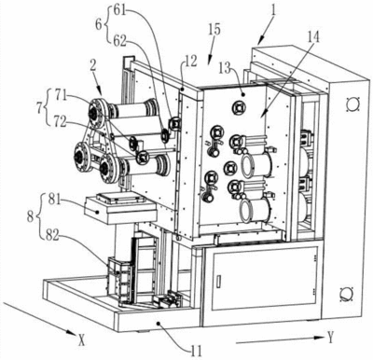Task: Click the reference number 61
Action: [x=119, y=11]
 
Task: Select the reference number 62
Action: [x=119, y=42]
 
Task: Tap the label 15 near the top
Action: [x=214, y=30]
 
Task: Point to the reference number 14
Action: [x=313, y=37]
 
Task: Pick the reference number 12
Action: [x=191, y=62]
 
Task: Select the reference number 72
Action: [x=59, y=122]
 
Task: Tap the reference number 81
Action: [x=56, y=200]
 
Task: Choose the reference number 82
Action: [x=51, y=236]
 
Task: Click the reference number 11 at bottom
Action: [x=196, y=351]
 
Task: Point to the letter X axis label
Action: [x=81, y=339]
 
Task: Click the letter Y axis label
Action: [x=330, y=337]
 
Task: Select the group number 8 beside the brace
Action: [x=30, y=216]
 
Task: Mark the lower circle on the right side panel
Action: [x=346, y=294]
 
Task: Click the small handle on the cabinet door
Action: [x=218, y=281]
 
